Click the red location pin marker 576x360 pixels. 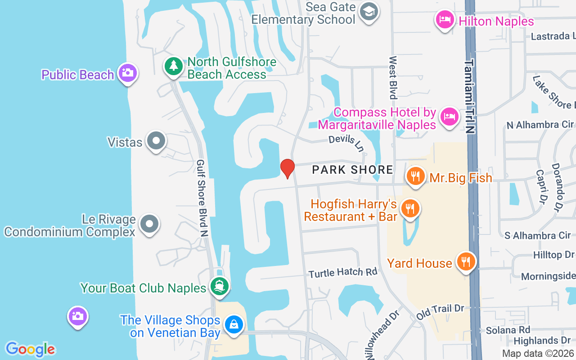coord(287,168)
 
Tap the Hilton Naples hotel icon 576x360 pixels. coord(445,20)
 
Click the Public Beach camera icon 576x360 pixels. coord(127,72)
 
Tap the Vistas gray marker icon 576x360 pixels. coord(156,141)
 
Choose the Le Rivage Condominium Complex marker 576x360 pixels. coord(149,224)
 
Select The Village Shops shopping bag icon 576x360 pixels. coord(234,324)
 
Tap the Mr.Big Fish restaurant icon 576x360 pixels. coord(416,176)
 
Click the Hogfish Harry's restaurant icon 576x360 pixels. coord(410,209)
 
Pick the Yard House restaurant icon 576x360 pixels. coord(466,261)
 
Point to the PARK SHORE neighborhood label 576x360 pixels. coord(353,170)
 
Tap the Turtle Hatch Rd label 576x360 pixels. coord(342,273)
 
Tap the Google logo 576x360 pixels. coord(30,349)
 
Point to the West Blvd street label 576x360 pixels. coord(393,77)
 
